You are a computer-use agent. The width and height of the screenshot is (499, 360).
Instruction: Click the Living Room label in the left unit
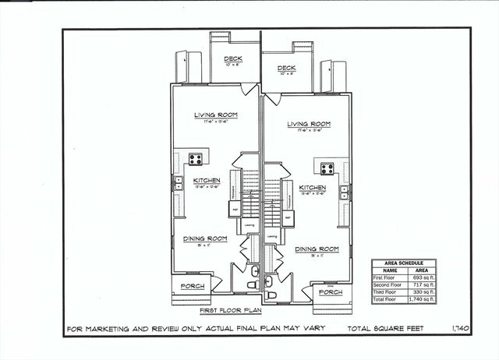(x=216, y=115)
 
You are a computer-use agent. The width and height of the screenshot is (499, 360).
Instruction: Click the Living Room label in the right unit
(x=308, y=124)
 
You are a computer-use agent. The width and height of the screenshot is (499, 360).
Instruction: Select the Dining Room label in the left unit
(x=204, y=238)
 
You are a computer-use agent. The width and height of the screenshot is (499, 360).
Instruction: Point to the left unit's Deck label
(x=233, y=59)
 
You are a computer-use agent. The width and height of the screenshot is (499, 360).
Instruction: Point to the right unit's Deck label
(x=286, y=69)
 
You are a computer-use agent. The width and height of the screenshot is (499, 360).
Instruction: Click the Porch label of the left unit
(x=193, y=286)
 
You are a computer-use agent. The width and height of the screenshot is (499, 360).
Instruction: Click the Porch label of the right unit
(x=327, y=293)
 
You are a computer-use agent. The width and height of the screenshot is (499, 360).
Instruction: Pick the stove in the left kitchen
(x=196, y=159)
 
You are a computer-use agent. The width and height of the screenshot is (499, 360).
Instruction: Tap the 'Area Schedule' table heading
(x=403, y=263)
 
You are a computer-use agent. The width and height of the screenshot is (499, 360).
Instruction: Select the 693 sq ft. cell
(x=420, y=277)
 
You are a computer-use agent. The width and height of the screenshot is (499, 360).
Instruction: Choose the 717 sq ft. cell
(x=420, y=284)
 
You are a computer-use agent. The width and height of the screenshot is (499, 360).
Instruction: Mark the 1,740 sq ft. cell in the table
(x=420, y=298)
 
